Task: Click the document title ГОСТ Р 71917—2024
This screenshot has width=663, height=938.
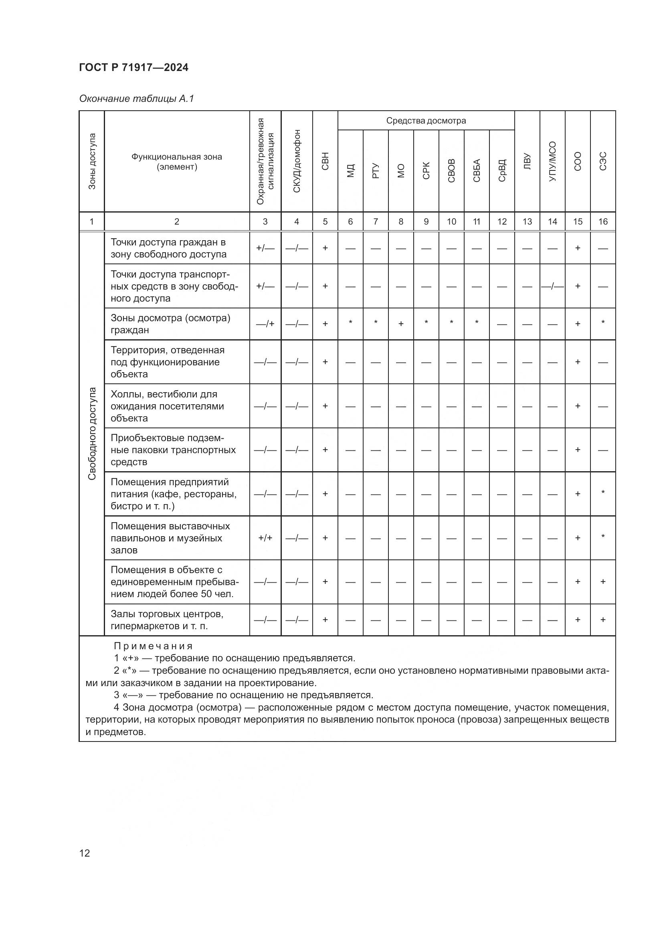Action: coord(133,68)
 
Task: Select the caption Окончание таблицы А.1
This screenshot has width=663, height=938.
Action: coord(136,99)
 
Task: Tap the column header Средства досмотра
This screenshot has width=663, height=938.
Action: coord(426,121)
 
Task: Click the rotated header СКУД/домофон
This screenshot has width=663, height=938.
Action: coord(297,161)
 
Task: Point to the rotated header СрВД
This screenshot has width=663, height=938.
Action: coord(502,170)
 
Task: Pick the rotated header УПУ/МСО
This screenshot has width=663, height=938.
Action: coord(552,161)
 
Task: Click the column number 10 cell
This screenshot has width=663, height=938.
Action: coord(451,221)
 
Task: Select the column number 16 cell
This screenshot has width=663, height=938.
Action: coord(602,221)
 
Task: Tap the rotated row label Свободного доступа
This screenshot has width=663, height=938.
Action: coord(92,434)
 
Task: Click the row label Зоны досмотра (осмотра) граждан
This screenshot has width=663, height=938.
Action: coord(170,324)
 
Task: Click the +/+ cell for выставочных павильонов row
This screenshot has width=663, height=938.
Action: coord(265,538)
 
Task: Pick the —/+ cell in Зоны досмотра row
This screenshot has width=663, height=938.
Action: coord(265,324)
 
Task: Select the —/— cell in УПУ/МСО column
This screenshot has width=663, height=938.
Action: coord(552,286)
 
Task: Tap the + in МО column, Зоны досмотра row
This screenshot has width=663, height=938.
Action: coord(401,324)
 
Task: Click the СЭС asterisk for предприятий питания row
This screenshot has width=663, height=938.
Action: coord(602,493)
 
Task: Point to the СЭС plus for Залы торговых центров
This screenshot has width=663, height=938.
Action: coord(602,620)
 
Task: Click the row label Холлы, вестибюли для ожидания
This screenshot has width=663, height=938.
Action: coord(167,406)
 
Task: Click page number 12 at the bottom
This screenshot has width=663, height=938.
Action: coord(85,853)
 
